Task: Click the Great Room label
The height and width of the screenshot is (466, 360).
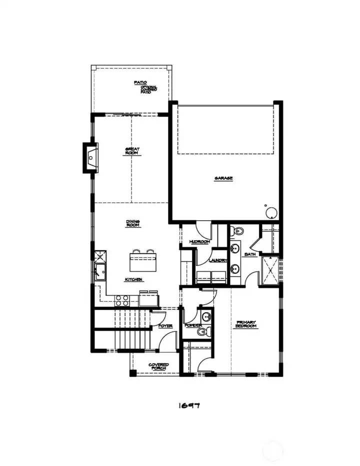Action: point(132,151)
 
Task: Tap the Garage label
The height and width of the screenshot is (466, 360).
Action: point(223,178)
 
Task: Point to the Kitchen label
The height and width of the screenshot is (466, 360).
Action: point(134,279)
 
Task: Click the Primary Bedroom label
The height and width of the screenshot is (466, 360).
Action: point(245,324)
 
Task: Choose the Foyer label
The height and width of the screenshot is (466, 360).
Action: point(165,326)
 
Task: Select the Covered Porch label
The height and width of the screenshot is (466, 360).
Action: point(158,367)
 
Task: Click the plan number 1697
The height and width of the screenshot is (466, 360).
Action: point(189,405)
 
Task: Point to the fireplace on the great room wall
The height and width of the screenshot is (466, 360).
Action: point(90,158)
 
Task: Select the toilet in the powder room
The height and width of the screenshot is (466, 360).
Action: point(202,331)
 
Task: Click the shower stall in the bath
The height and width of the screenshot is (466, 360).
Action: point(270,270)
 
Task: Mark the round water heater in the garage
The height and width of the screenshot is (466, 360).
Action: point(270,213)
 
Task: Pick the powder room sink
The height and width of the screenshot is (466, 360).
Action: point(205,316)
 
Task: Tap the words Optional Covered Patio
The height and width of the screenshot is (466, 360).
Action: point(148,90)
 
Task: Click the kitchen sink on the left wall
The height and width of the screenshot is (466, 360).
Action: point(98,273)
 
